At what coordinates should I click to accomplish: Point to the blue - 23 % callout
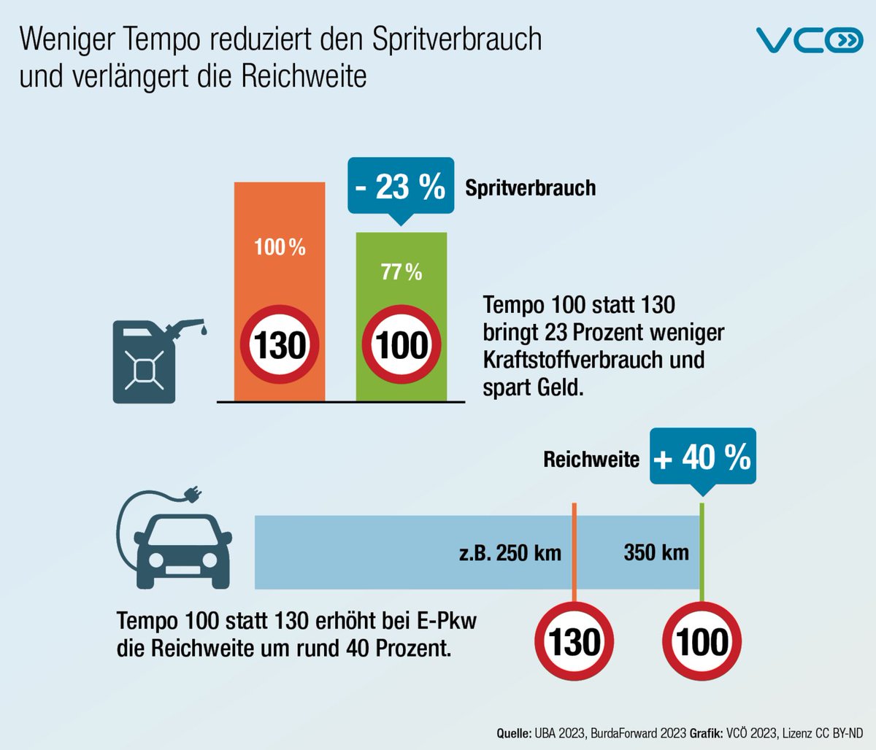coord(400,187)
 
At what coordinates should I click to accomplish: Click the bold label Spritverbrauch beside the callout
coord(531,188)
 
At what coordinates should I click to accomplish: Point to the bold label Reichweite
coord(591,460)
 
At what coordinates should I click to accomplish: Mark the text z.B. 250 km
coord(510,553)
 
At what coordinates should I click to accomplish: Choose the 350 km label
coord(656,552)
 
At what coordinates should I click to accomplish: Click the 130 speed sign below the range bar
coord(575,642)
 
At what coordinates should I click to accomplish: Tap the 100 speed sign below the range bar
coord(702,642)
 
